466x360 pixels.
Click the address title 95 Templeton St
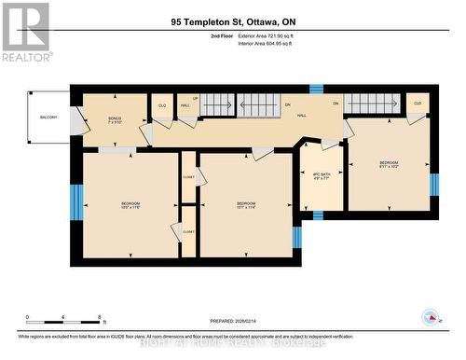(x=234, y=21)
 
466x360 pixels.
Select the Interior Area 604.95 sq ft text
(x=271, y=43)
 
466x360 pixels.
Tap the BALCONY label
(x=48, y=117)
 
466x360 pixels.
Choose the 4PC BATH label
(x=320, y=176)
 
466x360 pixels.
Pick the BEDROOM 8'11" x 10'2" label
(x=389, y=166)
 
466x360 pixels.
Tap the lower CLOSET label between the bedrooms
(x=188, y=231)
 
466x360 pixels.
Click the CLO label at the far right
(x=417, y=104)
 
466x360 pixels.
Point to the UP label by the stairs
(x=195, y=99)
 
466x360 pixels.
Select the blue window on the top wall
(x=315, y=89)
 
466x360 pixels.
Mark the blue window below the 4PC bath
(x=317, y=215)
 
